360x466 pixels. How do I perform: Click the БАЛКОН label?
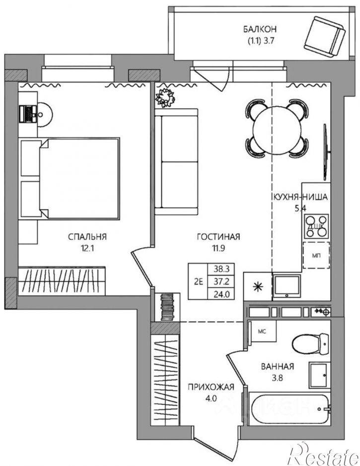point(260,29)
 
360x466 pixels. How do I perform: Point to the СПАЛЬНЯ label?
point(87,237)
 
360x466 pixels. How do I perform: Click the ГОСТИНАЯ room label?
point(218,237)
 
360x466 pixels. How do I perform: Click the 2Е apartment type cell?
point(199,281)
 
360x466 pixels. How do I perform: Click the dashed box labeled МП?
point(316,255)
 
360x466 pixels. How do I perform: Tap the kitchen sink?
point(287,286)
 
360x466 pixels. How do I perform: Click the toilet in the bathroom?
point(311,344)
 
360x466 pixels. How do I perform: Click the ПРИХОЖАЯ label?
point(211,387)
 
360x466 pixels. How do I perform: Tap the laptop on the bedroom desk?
point(28,114)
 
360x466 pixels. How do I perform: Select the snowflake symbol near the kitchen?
point(258,287)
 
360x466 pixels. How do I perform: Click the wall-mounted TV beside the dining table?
point(326,152)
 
